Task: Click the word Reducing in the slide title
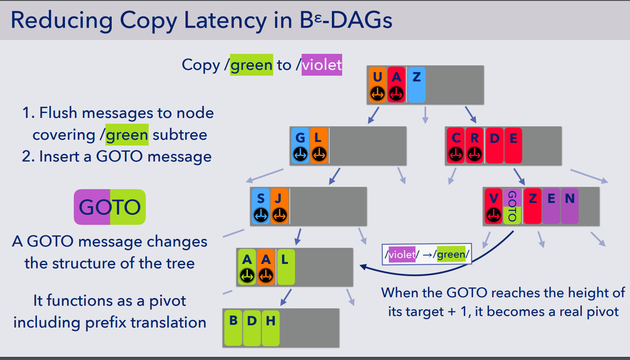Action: coord(61,21)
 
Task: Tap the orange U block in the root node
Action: coord(377,85)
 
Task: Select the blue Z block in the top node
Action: coord(416,85)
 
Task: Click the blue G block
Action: coord(300,146)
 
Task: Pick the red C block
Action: coord(456,146)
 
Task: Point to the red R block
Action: coord(474,146)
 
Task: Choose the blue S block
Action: coord(261,206)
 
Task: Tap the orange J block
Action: coord(279,206)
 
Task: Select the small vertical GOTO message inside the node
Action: coord(512,206)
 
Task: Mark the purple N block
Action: coord(569,206)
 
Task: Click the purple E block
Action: coord(551,206)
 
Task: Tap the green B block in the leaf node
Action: coord(233,328)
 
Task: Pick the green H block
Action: coord(271,328)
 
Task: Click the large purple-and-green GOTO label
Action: coord(110,207)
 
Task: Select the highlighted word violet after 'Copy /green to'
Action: coord(322,65)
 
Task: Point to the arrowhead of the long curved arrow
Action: coord(363,267)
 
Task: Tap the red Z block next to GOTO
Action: coord(533,206)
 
